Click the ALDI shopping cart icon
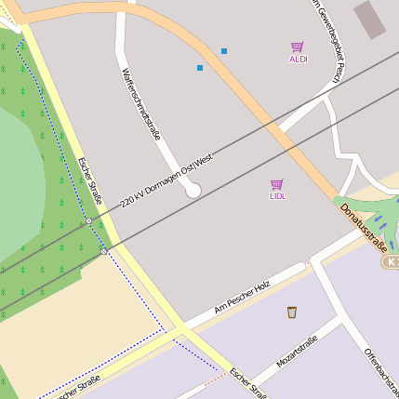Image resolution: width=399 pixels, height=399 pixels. click(x=298, y=47)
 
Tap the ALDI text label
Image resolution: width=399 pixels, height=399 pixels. click(x=298, y=60)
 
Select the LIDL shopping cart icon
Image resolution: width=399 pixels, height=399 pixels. click(x=277, y=184)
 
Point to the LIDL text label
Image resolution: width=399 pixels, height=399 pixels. click(x=277, y=196)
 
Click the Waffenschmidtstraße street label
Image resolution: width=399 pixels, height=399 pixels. click(x=141, y=103)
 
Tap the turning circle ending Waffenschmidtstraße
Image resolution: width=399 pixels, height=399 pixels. click(x=193, y=190)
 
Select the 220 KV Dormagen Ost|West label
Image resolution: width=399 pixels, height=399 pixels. click(x=168, y=181)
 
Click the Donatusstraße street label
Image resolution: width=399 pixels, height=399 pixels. click(x=363, y=228)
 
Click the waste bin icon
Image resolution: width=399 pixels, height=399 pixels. click(x=292, y=312)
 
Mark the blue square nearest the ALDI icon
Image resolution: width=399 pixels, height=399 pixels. click(x=223, y=50)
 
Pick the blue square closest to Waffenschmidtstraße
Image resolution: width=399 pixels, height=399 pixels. click(x=199, y=68)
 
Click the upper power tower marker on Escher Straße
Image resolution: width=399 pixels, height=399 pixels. click(x=88, y=221)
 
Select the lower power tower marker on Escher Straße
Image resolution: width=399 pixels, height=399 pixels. click(x=103, y=251)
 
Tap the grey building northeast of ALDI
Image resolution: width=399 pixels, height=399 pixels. click(x=369, y=19)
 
